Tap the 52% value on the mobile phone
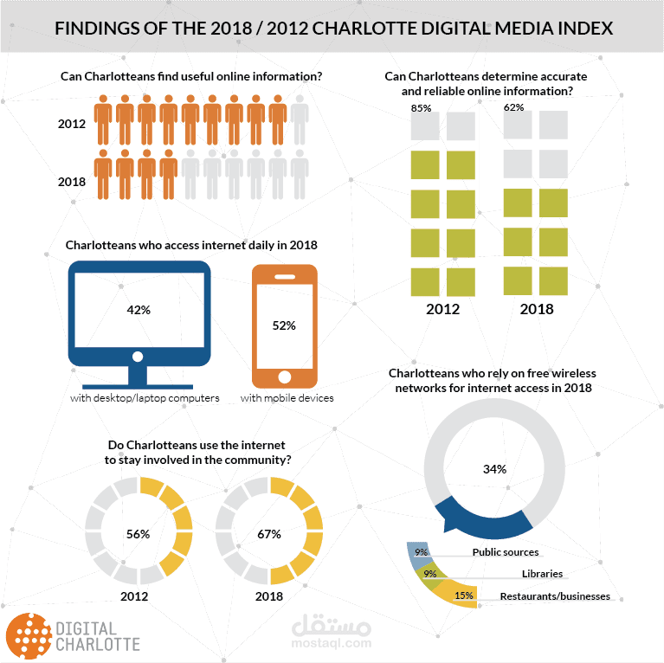point(284,325)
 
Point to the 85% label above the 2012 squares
point(421,109)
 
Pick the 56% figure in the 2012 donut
point(139,534)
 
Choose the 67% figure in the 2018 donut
point(268,534)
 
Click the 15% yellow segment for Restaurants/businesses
point(460,595)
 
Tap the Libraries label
point(542,573)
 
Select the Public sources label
point(505,551)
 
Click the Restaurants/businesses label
point(555,595)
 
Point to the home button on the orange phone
point(284,377)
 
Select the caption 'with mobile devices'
point(287,398)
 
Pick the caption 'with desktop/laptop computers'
point(145,398)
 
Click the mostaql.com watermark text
point(338,644)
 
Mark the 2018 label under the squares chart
point(536,309)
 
